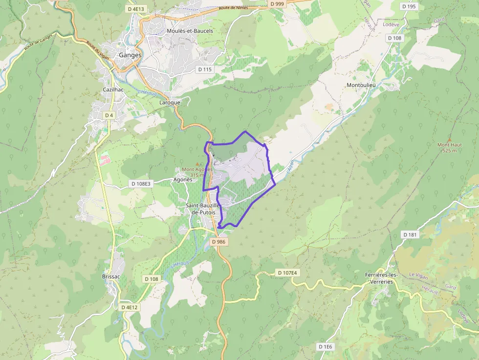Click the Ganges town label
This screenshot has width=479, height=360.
[x=130, y=55]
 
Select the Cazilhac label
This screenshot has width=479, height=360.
[x=112, y=90]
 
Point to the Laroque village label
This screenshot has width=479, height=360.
[x=170, y=103]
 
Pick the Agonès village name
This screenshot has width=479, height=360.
[x=183, y=179]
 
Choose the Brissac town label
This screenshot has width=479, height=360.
[x=111, y=276]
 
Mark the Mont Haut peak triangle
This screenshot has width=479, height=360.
[x=449, y=139]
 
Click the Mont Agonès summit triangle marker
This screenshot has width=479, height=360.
[x=197, y=164]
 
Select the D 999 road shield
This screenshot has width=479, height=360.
[x=277, y=4]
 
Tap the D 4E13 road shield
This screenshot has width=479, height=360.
[x=137, y=9]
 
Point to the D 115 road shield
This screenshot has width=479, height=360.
[x=205, y=69]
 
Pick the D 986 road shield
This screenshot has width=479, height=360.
[x=218, y=242]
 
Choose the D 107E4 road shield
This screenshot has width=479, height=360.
[x=286, y=272]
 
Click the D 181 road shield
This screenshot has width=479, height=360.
[x=411, y=234]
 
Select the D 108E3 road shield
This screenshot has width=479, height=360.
[x=141, y=184]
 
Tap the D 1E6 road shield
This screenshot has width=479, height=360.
[x=325, y=347]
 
